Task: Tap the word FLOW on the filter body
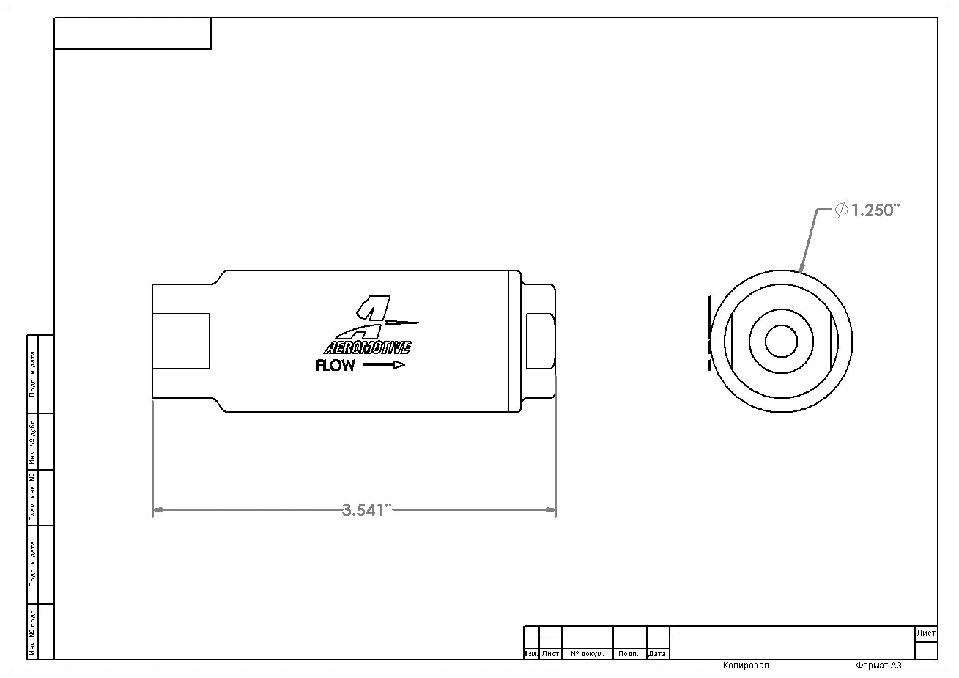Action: [x=336, y=365]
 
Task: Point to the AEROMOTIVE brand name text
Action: [x=367, y=347]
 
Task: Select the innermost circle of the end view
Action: [x=781, y=341]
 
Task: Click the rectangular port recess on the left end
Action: [x=181, y=341]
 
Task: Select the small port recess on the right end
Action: [x=541, y=341]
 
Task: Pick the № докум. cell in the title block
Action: [x=587, y=654]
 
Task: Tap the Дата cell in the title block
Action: [x=657, y=654]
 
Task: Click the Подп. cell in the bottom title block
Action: [x=629, y=654]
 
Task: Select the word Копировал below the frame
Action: [x=746, y=666]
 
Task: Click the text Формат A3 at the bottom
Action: [x=878, y=666]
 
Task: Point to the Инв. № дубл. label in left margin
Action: [x=32, y=441]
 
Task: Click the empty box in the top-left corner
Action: [x=133, y=34]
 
